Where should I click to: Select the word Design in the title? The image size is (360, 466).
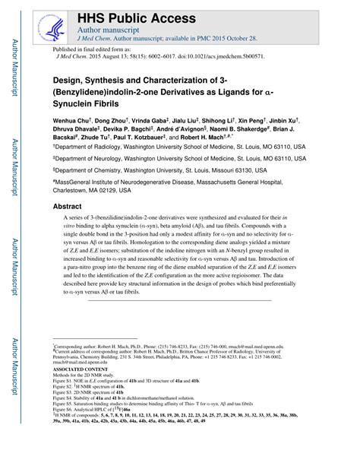68,78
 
